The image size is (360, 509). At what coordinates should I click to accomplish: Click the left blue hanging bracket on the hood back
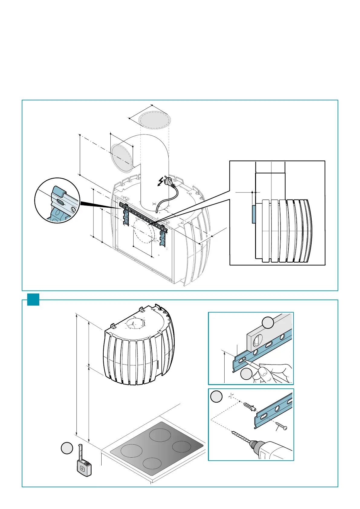click(126, 217)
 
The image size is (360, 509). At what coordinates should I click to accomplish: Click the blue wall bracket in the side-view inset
click(254, 214)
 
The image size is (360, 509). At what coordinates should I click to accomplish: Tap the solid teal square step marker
click(33, 299)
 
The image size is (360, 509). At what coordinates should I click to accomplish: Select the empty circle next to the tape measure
click(67, 448)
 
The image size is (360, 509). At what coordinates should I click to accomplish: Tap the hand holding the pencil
click(271, 372)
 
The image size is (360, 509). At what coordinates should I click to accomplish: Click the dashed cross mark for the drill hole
click(231, 396)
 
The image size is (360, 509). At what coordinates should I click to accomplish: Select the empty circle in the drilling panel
click(216, 397)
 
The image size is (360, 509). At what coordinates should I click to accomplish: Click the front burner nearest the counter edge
click(152, 463)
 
